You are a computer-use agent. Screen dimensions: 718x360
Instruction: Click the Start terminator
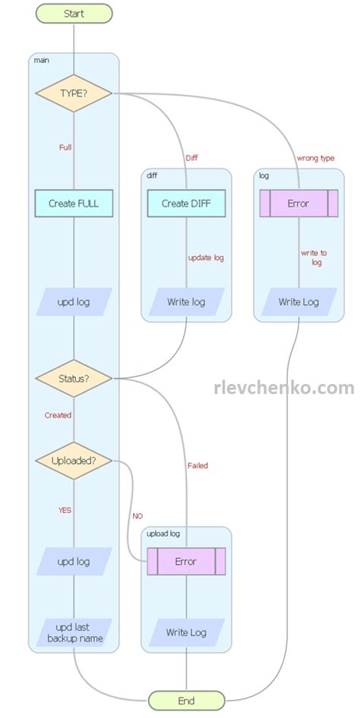(74, 14)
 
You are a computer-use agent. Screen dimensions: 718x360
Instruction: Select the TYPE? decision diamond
(74, 93)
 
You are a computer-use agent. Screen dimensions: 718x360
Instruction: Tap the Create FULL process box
(74, 203)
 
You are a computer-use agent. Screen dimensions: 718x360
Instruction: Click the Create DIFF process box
(186, 203)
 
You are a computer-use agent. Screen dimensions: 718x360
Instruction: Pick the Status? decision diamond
(74, 377)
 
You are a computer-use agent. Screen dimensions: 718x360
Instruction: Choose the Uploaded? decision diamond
(74, 461)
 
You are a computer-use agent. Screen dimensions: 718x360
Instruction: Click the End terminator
(186, 700)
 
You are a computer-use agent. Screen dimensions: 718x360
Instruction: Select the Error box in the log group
(298, 203)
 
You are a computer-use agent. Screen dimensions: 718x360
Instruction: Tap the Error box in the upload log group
(186, 562)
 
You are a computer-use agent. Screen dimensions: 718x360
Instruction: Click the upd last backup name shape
(74, 632)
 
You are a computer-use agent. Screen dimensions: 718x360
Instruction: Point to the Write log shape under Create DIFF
(186, 301)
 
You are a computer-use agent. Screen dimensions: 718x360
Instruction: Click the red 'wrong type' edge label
(315, 158)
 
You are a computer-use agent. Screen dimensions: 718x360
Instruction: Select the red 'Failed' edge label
(197, 465)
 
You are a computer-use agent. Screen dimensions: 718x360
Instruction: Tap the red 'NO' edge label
(137, 515)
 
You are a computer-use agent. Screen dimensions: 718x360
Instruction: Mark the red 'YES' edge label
(65, 510)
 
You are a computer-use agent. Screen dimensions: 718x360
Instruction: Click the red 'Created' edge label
(58, 415)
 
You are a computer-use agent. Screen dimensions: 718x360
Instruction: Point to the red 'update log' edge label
(206, 257)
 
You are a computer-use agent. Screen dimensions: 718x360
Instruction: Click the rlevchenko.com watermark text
(284, 388)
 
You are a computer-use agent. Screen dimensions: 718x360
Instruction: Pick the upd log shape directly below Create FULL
(74, 301)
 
